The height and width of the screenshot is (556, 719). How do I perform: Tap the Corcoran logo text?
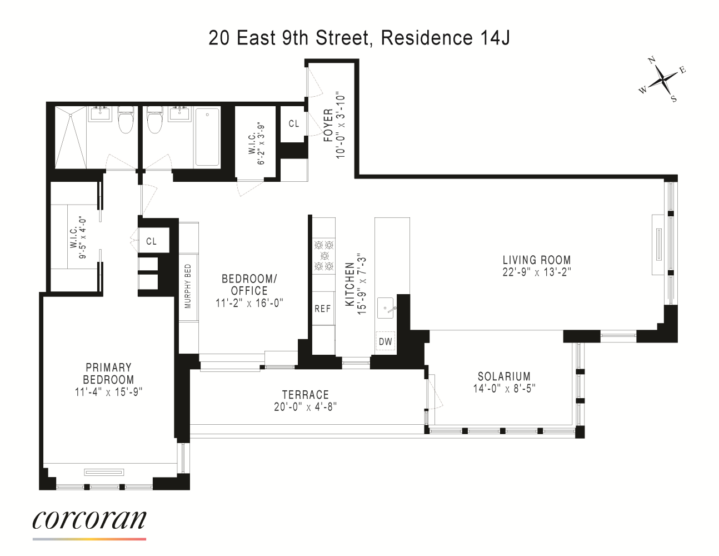coord(89,519)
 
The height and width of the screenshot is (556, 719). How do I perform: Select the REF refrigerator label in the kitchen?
coord(322,309)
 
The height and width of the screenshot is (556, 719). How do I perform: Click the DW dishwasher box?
coord(385,341)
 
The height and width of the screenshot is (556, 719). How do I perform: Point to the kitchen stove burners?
coord(323,255)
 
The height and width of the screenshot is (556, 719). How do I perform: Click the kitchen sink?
coord(386,307)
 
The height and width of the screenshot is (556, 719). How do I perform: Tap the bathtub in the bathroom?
coord(207,137)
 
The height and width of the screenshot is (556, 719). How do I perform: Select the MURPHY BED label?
coord(188,286)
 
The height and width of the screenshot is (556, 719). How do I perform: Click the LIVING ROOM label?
coord(536,260)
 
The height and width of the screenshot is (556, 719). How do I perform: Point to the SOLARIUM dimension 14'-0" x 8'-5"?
coord(504,389)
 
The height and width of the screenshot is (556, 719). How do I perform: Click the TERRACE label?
coord(305,395)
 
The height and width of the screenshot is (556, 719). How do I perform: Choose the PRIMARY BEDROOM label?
coord(108,374)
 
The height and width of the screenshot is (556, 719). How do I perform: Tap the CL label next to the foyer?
coord(293,123)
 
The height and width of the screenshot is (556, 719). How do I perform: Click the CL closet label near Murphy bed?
coord(151,241)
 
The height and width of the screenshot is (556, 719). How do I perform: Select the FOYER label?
coord(328,125)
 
